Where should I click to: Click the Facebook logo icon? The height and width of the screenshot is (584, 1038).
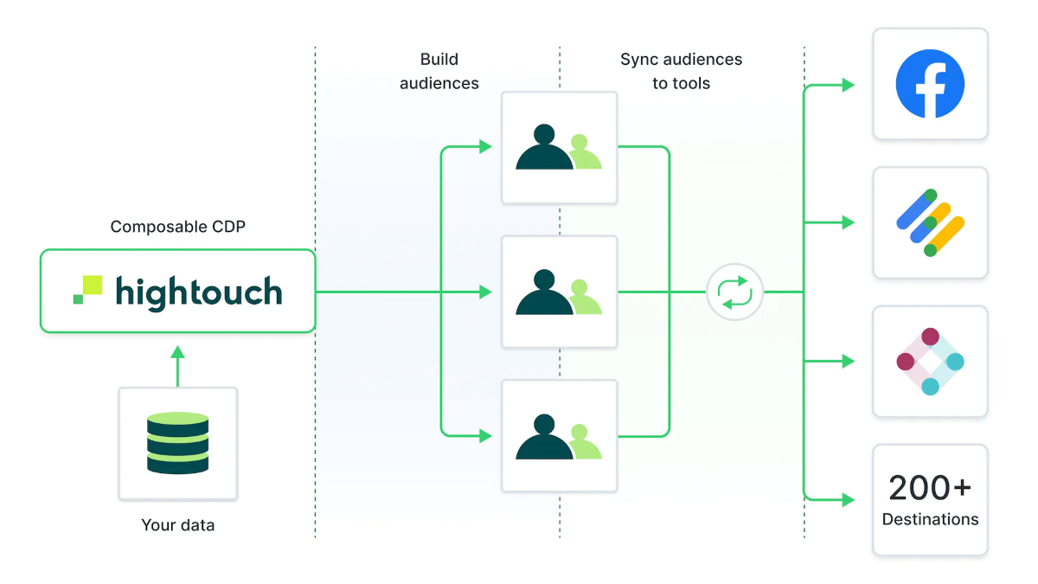pyautogui.click(x=930, y=84)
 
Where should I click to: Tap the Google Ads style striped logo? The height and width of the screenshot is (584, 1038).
pyautogui.click(x=930, y=223)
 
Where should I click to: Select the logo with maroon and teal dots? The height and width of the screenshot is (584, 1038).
pyautogui.click(x=930, y=361)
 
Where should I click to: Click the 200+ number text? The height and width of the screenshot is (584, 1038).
pyautogui.click(x=930, y=488)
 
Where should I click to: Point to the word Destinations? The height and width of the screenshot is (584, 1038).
pyautogui.click(x=930, y=520)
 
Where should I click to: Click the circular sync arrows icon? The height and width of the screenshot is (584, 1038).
pyautogui.click(x=735, y=292)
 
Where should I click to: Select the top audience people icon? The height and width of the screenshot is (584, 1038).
pyautogui.click(x=559, y=148)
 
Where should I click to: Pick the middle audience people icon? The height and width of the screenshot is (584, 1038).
pyautogui.click(x=559, y=292)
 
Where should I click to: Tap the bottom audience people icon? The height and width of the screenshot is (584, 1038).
pyautogui.click(x=559, y=437)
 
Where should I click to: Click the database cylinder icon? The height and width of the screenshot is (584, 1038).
pyautogui.click(x=177, y=443)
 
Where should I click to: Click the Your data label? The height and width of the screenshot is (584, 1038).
pyautogui.click(x=177, y=525)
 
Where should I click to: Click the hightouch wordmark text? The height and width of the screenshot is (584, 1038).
pyautogui.click(x=199, y=292)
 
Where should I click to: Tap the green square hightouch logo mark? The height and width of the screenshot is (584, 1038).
pyautogui.click(x=87, y=290)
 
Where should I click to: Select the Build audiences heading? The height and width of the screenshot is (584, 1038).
pyautogui.click(x=439, y=71)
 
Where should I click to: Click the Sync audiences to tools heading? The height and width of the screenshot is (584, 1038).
pyautogui.click(x=681, y=71)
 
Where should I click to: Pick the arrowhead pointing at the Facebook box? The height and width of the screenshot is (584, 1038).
pyautogui.click(x=849, y=85)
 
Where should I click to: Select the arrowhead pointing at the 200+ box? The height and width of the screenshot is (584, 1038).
pyautogui.click(x=849, y=500)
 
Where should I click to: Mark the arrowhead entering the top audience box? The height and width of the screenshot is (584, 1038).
pyautogui.click(x=486, y=147)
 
